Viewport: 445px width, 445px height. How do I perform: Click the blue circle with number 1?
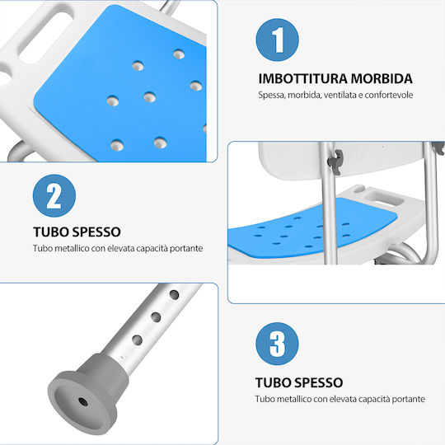pos(277,40)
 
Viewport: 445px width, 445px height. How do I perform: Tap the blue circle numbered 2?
pos(54,196)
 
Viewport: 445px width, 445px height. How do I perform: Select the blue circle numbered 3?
pos(277,344)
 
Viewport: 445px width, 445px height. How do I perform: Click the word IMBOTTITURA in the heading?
pos(302,78)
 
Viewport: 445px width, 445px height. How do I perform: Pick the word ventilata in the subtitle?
pos(340,95)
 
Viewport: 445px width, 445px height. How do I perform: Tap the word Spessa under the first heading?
pos(272,95)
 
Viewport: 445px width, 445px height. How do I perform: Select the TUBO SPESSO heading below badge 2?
pos(77,232)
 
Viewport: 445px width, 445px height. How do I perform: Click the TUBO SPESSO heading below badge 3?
pos(299,382)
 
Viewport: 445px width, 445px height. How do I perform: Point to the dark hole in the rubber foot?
pos(83,402)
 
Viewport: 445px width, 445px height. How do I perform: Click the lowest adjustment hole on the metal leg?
pos(137,340)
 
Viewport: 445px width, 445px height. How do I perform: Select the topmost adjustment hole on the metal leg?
pos(174,294)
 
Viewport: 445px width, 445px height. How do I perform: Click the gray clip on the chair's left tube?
pos(336,162)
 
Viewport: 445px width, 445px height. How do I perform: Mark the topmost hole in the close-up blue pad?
pos(179,54)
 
